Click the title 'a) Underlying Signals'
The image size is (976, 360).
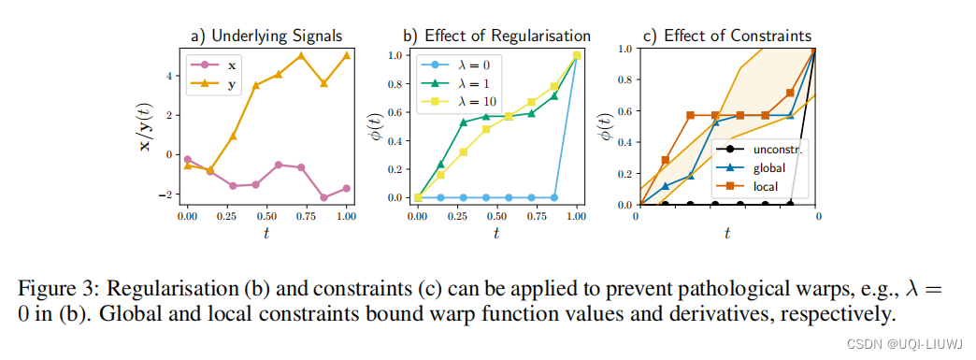[x=266, y=36]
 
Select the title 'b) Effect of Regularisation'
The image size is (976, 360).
[x=496, y=36]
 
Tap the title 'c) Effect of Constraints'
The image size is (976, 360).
[x=727, y=36]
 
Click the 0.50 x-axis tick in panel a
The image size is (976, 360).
[x=266, y=217]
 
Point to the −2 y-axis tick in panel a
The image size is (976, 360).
[x=168, y=194]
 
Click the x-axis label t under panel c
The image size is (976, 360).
[x=726, y=233]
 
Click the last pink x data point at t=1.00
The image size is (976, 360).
[x=346, y=188]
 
